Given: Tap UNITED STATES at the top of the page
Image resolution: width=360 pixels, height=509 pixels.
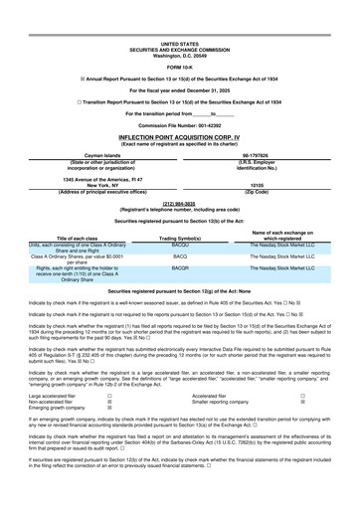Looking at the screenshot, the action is pos(180,17).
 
